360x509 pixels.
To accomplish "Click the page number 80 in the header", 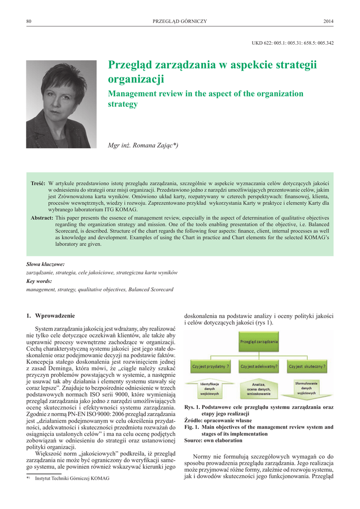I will [29, 21].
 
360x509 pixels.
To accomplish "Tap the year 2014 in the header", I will [328, 21].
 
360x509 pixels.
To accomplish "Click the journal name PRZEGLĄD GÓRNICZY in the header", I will [180, 21].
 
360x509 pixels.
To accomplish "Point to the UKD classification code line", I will [292, 43].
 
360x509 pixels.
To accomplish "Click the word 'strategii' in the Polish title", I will [295, 65].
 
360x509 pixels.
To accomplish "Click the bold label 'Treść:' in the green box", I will [38, 183].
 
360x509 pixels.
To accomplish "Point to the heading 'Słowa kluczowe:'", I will [45, 264].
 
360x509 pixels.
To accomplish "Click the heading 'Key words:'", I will [40, 281].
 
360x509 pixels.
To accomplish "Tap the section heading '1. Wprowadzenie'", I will [51, 316].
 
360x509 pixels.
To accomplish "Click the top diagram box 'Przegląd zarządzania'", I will [259, 342].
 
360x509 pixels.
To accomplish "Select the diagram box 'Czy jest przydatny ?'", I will [211, 367].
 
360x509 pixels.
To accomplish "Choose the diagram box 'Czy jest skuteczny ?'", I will [307, 367].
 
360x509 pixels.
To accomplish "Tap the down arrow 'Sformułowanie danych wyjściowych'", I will [306, 388].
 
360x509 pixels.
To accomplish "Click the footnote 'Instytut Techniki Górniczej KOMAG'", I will [72, 478].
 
